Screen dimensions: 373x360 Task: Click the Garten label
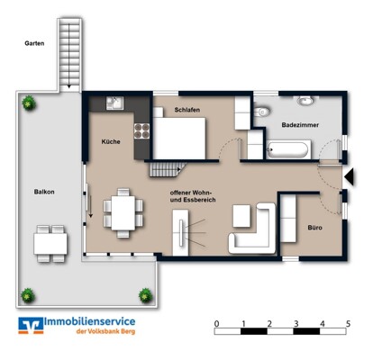34,43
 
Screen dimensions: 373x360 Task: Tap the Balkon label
44,192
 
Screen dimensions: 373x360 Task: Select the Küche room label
111,141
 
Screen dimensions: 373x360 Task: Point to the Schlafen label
187,110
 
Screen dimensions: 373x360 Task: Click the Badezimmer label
300,125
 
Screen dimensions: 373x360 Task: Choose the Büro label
314,228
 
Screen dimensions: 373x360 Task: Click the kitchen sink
114,103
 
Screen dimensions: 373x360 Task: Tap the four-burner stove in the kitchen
141,130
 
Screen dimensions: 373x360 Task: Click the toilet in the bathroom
261,112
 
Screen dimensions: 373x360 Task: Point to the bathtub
287,150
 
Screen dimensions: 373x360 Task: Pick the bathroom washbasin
305,101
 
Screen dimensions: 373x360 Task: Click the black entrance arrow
350,177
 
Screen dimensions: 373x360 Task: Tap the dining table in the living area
123,212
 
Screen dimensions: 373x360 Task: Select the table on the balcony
50,244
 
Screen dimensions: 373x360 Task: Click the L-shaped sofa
253,229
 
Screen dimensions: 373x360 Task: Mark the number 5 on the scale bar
348,324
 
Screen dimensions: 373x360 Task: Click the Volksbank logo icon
31,326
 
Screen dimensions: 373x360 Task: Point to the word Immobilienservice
90,321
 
